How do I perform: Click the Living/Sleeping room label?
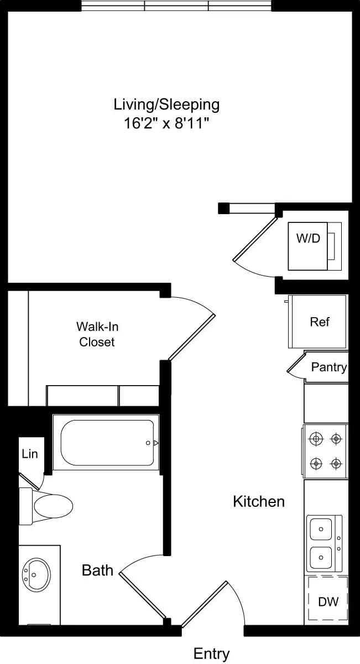[166, 104]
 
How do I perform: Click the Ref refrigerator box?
[319, 321]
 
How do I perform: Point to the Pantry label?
[328, 367]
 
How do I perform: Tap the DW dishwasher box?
[328, 600]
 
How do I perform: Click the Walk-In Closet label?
[97, 334]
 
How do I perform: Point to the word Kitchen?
[258, 502]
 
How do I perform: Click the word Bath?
[97, 570]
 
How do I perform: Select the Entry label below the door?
[211, 654]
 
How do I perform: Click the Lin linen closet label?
[30, 454]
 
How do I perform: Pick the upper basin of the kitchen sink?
[321, 529]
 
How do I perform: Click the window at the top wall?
[176, 6]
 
